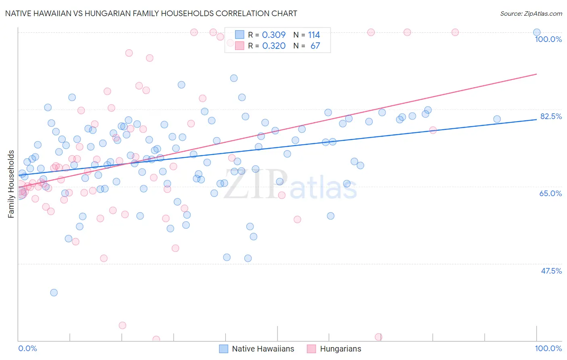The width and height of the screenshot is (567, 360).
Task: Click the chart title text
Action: pyautogui.click(x=151, y=13)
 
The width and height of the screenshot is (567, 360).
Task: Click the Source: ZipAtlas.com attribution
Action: pyautogui.click(x=531, y=14)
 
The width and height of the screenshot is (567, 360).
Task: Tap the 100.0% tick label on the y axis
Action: pyautogui.click(x=548, y=39)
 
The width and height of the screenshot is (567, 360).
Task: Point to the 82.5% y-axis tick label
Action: pyautogui.click(x=551, y=116)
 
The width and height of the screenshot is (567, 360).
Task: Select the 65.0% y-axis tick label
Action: pyautogui.click(x=550, y=193)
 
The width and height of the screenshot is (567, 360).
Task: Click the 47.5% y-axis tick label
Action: pyautogui.click(x=551, y=271)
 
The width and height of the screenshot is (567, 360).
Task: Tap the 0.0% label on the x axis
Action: pyautogui.click(x=27, y=348)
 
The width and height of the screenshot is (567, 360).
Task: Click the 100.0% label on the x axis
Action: pyautogui.click(x=548, y=348)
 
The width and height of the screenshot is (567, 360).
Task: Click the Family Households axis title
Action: pyautogui.click(x=11, y=184)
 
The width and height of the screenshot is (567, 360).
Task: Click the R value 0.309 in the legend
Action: pyautogui.click(x=274, y=35)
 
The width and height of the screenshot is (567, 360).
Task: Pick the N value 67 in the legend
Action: pyautogui.click(x=315, y=46)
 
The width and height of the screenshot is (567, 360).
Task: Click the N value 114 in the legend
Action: pyautogui.click(x=314, y=35)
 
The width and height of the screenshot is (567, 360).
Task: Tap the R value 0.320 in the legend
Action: pyautogui.click(x=274, y=46)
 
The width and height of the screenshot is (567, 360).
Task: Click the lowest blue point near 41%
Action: pyautogui.click(x=54, y=293)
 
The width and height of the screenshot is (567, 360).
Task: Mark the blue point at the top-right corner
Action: pyautogui.click(x=536, y=32)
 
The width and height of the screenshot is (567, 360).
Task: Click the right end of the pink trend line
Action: pyautogui.click(x=536, y=74)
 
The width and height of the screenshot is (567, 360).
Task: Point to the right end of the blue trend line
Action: pyautogui.click(x=536, y=119)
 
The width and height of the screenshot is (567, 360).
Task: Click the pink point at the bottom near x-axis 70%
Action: pyautogui.click(x=378, y=337)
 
